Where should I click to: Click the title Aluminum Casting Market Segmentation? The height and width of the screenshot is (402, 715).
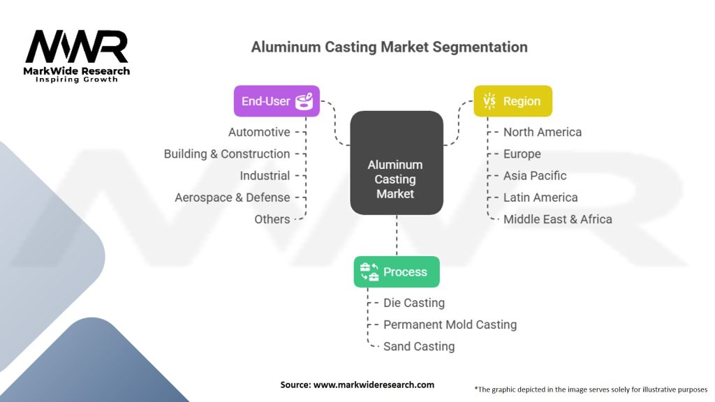389,47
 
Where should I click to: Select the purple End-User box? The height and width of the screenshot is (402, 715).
277,101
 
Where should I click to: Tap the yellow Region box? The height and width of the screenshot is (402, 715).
513,101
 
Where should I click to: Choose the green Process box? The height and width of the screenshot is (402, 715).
397,271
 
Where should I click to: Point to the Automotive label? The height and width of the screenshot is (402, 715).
259,132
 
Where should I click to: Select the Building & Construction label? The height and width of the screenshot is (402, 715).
227,154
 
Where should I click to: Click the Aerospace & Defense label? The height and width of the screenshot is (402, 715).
232,198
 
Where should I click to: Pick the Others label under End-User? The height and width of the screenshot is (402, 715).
272,219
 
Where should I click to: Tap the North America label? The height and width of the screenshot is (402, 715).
543,132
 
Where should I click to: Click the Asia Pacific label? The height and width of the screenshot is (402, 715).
535,175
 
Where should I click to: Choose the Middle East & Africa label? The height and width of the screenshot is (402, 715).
557,219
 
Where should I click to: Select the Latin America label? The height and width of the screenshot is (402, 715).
540,198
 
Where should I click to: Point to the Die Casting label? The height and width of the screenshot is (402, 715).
414,303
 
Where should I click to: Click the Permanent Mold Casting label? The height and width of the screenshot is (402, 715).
450,325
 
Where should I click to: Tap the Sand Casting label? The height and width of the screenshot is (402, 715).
419,346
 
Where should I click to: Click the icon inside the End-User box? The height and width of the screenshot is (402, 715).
304,102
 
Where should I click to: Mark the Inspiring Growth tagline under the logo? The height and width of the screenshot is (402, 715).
77,80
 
